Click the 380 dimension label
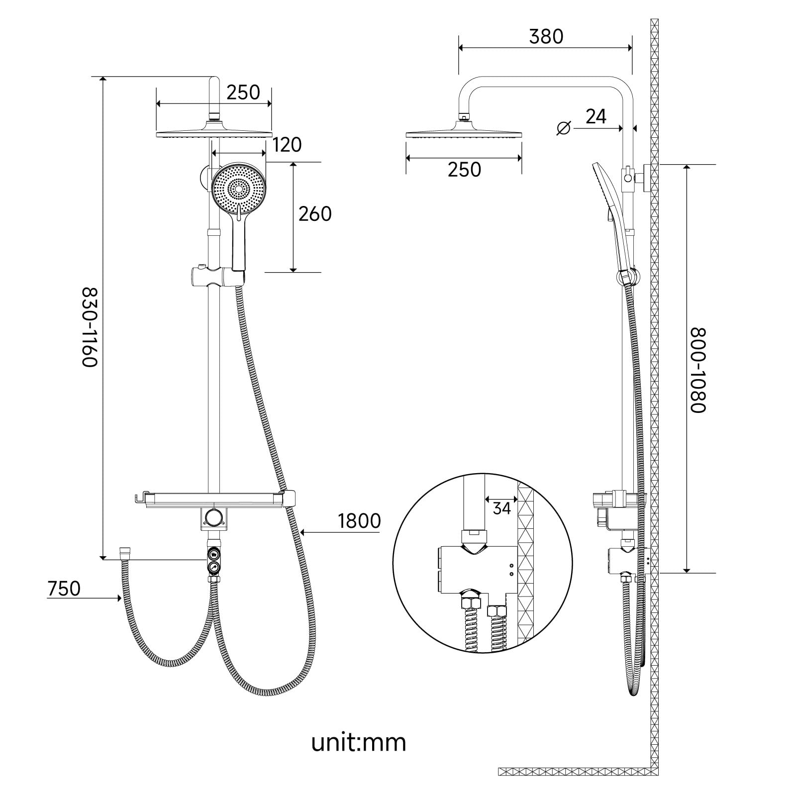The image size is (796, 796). tap(546, 37)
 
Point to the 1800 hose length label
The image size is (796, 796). tap(359, 521)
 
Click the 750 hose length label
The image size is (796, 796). tap(64, 589)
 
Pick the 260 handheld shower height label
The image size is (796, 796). tap(315, 214)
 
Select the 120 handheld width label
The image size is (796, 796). tap(287, 145)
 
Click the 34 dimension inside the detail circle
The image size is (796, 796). tap(501, 508)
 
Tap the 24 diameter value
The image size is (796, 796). tap(596, 116)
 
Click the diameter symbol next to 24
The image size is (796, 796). tap(563, 128)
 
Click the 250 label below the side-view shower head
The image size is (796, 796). tap(464, 170)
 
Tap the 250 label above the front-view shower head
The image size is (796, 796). tap(243, 93)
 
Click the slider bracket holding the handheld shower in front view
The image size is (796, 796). tap(214, 277)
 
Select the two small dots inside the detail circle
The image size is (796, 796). tap(511, 570)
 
